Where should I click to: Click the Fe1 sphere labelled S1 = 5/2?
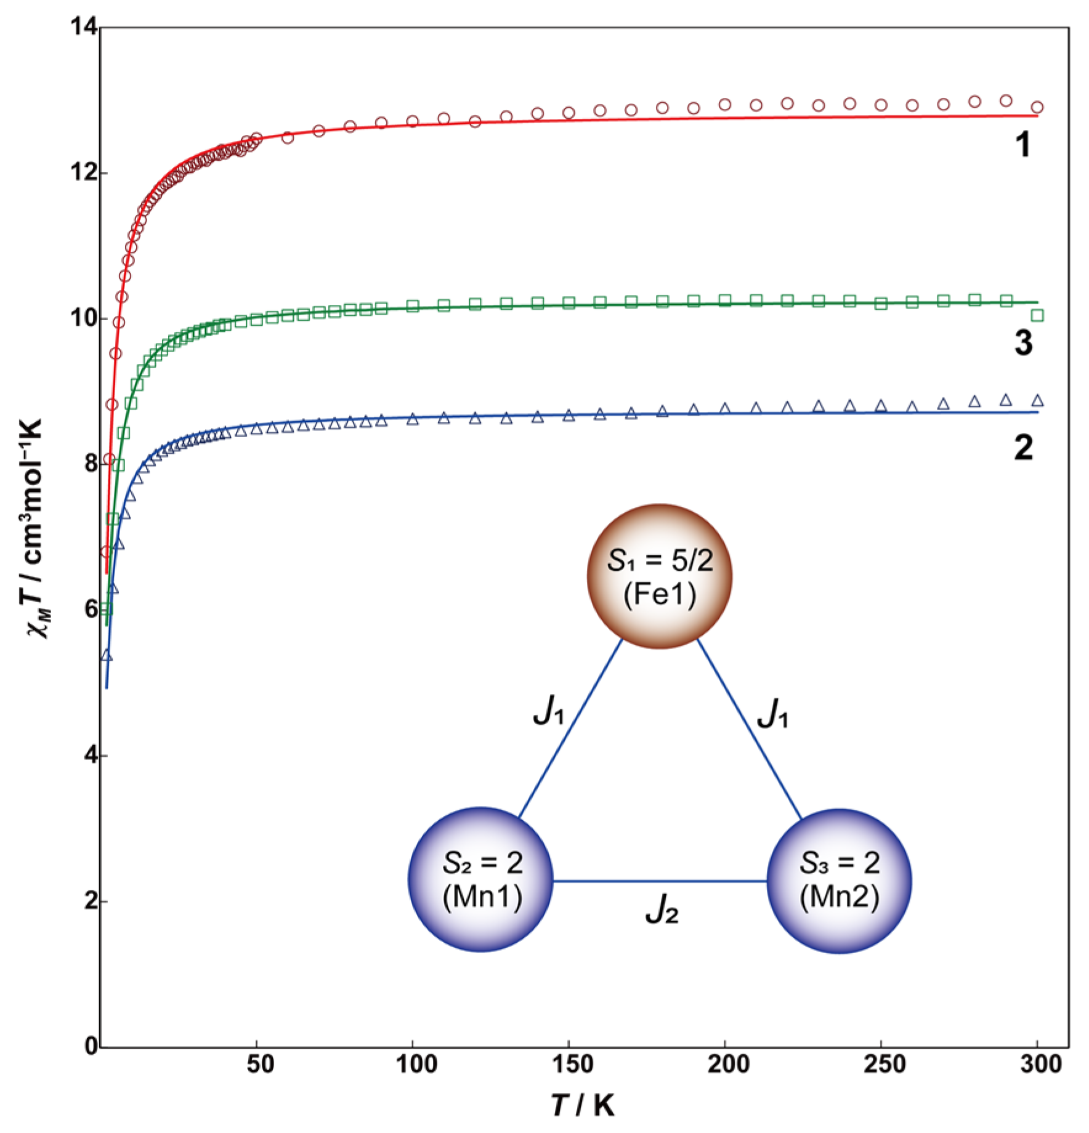660,576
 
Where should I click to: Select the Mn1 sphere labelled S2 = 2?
481,879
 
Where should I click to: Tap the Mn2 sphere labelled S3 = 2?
839,881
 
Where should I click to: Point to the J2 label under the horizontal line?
662,910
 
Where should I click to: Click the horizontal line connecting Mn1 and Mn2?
660,881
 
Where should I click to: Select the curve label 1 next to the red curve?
1022,145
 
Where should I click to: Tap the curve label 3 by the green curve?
1023,342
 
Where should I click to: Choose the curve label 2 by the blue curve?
1023,448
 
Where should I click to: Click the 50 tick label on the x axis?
259,1064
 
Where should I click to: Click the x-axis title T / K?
583,1106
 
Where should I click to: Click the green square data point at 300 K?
1037,316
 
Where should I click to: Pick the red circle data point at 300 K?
1037,107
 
